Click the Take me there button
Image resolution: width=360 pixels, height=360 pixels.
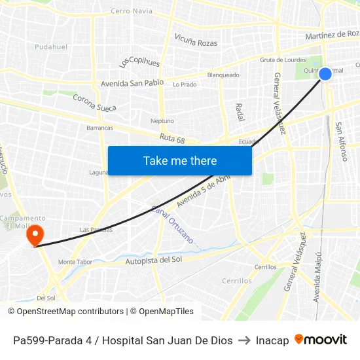pos(179,160)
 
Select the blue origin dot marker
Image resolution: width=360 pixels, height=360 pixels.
pos(325,74)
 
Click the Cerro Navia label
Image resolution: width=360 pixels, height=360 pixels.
pos(132,11)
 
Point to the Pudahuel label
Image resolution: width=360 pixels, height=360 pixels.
pos(51,47)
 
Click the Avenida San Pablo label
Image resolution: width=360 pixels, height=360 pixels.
pos(132,84)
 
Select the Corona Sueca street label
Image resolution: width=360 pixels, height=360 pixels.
pos(94,103)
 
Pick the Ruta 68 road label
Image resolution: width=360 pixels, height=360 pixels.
pos(172,139)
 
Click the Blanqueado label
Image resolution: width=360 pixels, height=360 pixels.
pos(223,75)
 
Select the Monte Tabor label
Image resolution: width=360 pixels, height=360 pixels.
pos(75,262)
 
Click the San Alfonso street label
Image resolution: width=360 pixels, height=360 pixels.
pos(341,141)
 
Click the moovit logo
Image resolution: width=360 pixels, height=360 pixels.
pos(321,340)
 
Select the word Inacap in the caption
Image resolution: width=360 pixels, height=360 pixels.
pos(272,340)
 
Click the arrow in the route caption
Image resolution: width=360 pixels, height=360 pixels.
pos(243,340)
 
